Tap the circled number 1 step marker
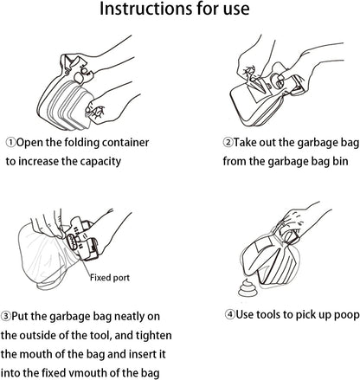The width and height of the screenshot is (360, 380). [11, 143]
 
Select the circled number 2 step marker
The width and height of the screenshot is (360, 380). [228, 142]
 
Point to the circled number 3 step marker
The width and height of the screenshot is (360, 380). [5, 316]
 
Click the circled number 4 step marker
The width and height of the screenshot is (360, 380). [230, 314]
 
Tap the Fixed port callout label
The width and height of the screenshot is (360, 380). [110, 278]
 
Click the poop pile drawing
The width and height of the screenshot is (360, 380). [247, 288]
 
